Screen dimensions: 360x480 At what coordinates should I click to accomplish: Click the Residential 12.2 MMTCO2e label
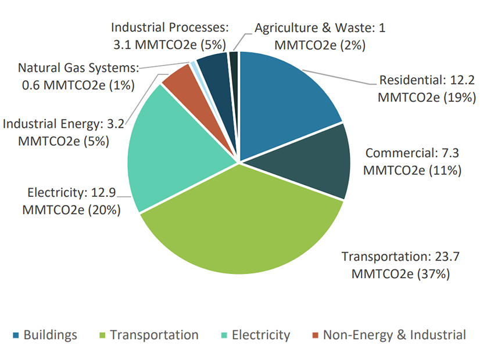[x=427, y=88]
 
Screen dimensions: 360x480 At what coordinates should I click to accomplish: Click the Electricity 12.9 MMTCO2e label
[x=71, y=201]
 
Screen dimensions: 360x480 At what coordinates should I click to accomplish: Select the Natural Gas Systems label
[x=78, y=76]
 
